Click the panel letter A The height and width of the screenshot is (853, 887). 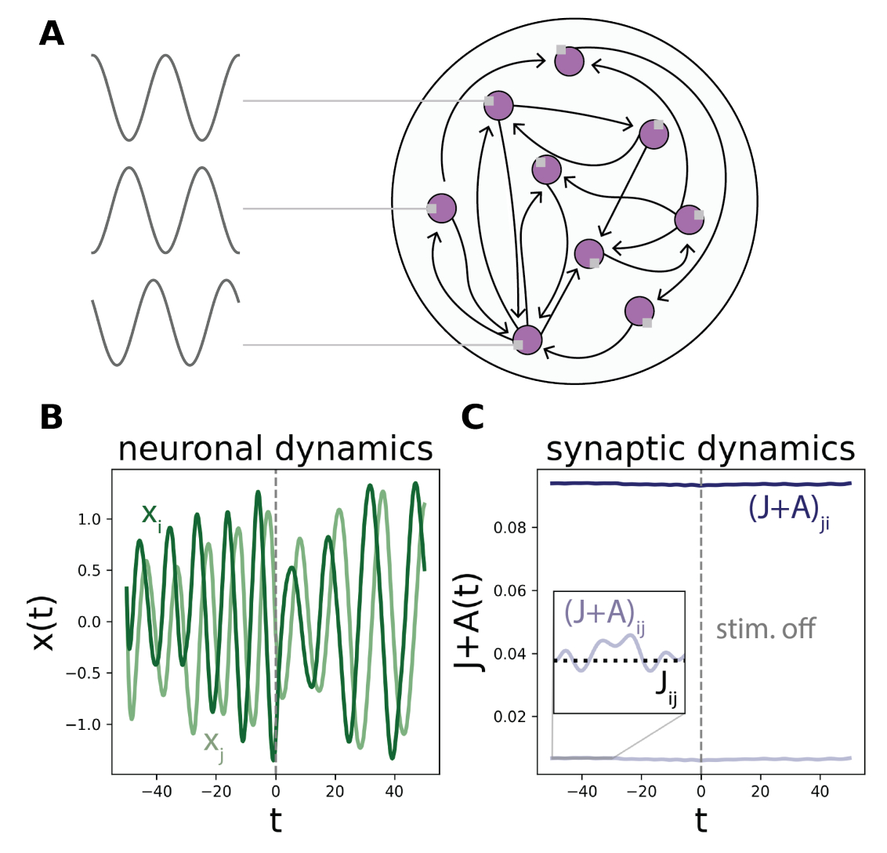point(52,34)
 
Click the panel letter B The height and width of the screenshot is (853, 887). point(52,417)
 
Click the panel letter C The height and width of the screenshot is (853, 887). point(472,417)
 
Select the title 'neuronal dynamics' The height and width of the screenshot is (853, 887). point(275,449)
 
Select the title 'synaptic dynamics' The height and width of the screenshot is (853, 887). point(701,449)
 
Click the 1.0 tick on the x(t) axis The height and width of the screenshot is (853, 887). point(92,519)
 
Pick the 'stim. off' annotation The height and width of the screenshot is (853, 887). point(766,628)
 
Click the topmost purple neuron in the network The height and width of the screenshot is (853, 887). point(570,61)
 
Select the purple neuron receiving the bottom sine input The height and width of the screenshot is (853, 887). point(527,339)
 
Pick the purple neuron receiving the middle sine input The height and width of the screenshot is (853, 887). point(441,208)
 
